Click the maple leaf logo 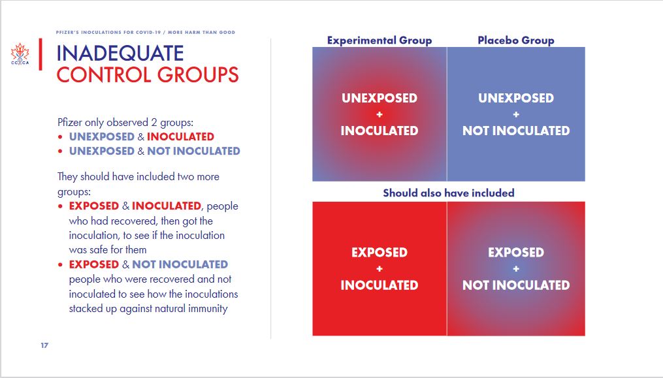(20, 54)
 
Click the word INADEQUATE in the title (120, 54)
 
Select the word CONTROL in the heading (104, 75)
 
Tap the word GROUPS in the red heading (199, 75)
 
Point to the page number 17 (44, 345)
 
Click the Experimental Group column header (380, 40)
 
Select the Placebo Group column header (516, 40)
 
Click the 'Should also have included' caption (449, 193)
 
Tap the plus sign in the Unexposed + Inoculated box (380, 115)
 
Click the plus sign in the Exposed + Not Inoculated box (516, 269)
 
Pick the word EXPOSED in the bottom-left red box (380, 253)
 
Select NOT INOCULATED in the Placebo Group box (516, 131)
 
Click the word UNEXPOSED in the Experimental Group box (380, 98)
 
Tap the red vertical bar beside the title (40, 54)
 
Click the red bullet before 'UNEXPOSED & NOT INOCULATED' (61, 151)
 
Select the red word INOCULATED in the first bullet (180, 136)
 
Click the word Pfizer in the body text (70, 123)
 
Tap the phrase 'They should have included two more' (138, 176)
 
